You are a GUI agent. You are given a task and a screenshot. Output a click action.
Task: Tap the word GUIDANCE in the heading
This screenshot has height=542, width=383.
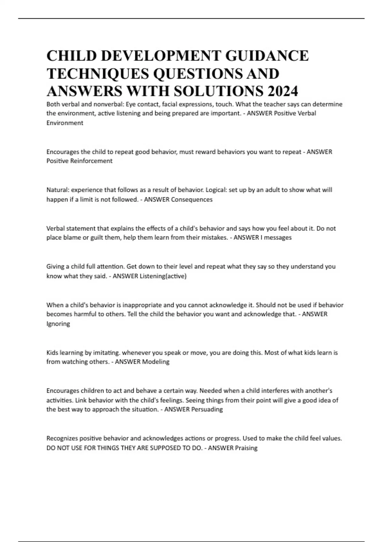click(267, 56)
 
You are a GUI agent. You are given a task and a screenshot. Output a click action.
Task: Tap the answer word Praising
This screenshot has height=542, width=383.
click(246, 448)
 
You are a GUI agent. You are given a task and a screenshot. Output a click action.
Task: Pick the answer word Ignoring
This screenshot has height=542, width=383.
click(58, 324)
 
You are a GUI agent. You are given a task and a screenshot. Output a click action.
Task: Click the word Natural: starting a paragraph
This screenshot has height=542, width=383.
click(58, 190)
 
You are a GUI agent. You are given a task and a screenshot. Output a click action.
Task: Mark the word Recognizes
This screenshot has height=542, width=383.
click(62, 438)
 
